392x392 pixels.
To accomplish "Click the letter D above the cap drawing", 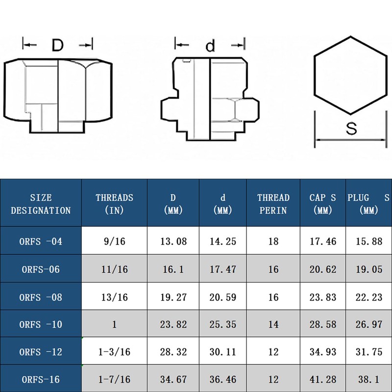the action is [x=57, y=45].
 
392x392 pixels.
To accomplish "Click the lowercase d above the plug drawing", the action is [x=210, y=45].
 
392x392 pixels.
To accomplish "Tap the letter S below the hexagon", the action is [x=351, y=128].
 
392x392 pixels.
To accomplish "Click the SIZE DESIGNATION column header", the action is [x=41, y=204].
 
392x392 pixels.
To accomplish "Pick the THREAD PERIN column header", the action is [x=273, y=204].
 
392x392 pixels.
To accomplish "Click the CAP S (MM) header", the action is [x=322, y=204].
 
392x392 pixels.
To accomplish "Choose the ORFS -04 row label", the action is [x=41, y=242].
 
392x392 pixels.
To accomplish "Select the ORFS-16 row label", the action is [x=41, y=379].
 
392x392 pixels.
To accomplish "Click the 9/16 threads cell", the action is [x=115, y=241].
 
